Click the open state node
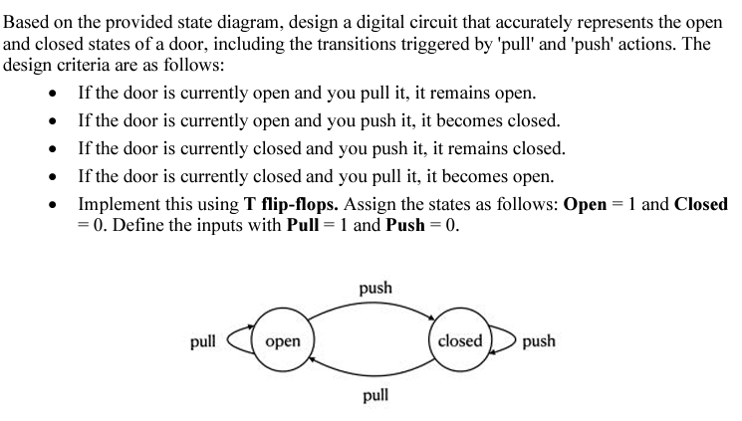pyautogui.click(x=284, y=341)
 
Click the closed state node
pyautogui.click(x=459, y=341)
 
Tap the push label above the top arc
pyautogui.click(x=375, y=289)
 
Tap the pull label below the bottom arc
pyautogui.click(x=375, y=395)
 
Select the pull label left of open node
pyautogui.click(x=202, y=341)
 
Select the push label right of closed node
pyautogui.click(x=538, y=341)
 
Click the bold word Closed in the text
pyautogui.click(x=701, y=204)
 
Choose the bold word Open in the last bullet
pyautogui.click(x=586, y=204)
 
